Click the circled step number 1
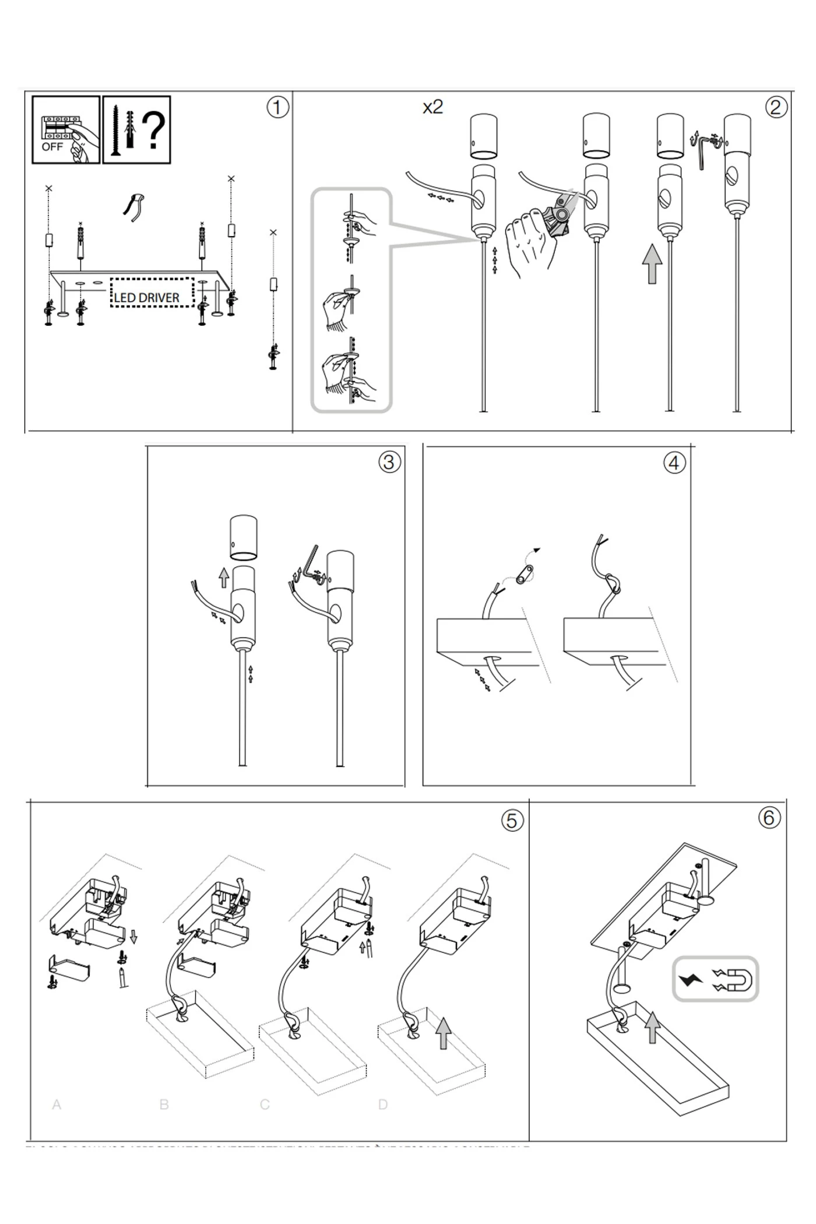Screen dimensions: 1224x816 pos(277,107)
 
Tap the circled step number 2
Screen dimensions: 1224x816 pos(776,107)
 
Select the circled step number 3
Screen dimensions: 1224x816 pos(389,462)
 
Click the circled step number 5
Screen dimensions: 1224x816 pos(511,821)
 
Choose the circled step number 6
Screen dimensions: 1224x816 pos(769,818)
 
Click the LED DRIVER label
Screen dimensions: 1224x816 pos(146,298)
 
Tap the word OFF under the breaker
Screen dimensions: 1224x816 pos(52,147)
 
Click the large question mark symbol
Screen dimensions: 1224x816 pos(154,129)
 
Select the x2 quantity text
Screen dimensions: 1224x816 pos(432,107)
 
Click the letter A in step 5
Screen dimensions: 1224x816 pos(57,1105)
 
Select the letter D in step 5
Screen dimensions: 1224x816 pos(383,1105)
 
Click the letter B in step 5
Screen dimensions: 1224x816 pos(164,1105)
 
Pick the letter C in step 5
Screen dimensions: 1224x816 pos(265,1105)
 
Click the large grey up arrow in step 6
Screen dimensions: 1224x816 pos(653,1027)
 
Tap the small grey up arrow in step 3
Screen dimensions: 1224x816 pos(224,578)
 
